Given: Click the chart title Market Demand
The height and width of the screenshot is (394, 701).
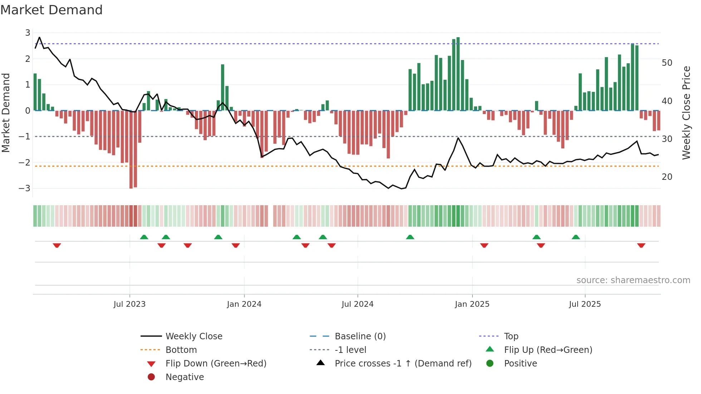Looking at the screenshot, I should (x=52, y=10).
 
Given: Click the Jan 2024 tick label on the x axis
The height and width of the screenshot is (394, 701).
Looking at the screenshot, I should (x=244, y=304).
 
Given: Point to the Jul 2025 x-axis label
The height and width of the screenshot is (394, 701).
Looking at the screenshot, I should (x=585, y=304).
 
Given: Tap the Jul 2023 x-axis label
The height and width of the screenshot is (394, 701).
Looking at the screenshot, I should (x=129, y=304).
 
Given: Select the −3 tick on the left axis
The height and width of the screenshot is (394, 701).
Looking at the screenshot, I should (x=25, y=188).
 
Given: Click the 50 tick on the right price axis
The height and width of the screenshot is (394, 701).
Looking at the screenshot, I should (x=667, y=63).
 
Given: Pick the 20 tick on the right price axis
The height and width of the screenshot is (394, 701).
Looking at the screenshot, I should (x=667, y=177).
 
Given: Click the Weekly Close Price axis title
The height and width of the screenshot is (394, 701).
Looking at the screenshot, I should (x=686, y=113).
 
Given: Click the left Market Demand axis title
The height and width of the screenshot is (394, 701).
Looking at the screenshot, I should (x=6, y=113).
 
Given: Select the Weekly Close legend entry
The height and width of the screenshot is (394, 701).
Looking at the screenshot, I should (x=193, y=336).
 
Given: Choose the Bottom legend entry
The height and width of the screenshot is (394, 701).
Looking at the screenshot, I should (x=181, y=350).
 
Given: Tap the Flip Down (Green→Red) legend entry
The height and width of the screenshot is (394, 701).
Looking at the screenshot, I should (x=216, y=364).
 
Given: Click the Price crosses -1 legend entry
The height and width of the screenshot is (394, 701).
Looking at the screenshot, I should (x=403, y=364).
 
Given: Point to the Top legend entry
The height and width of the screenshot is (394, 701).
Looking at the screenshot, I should (x=511, y=336).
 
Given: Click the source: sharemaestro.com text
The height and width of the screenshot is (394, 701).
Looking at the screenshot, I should (x=633, y=280).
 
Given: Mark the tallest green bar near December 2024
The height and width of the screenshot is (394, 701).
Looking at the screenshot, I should (x=458, y=74).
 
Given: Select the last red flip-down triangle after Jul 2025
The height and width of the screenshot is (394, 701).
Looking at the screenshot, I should (x=641, y=245).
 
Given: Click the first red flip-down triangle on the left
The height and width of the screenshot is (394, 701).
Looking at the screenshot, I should (x=57, y=245).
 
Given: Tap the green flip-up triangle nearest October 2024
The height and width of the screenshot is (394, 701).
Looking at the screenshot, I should (x=410, y=237).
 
